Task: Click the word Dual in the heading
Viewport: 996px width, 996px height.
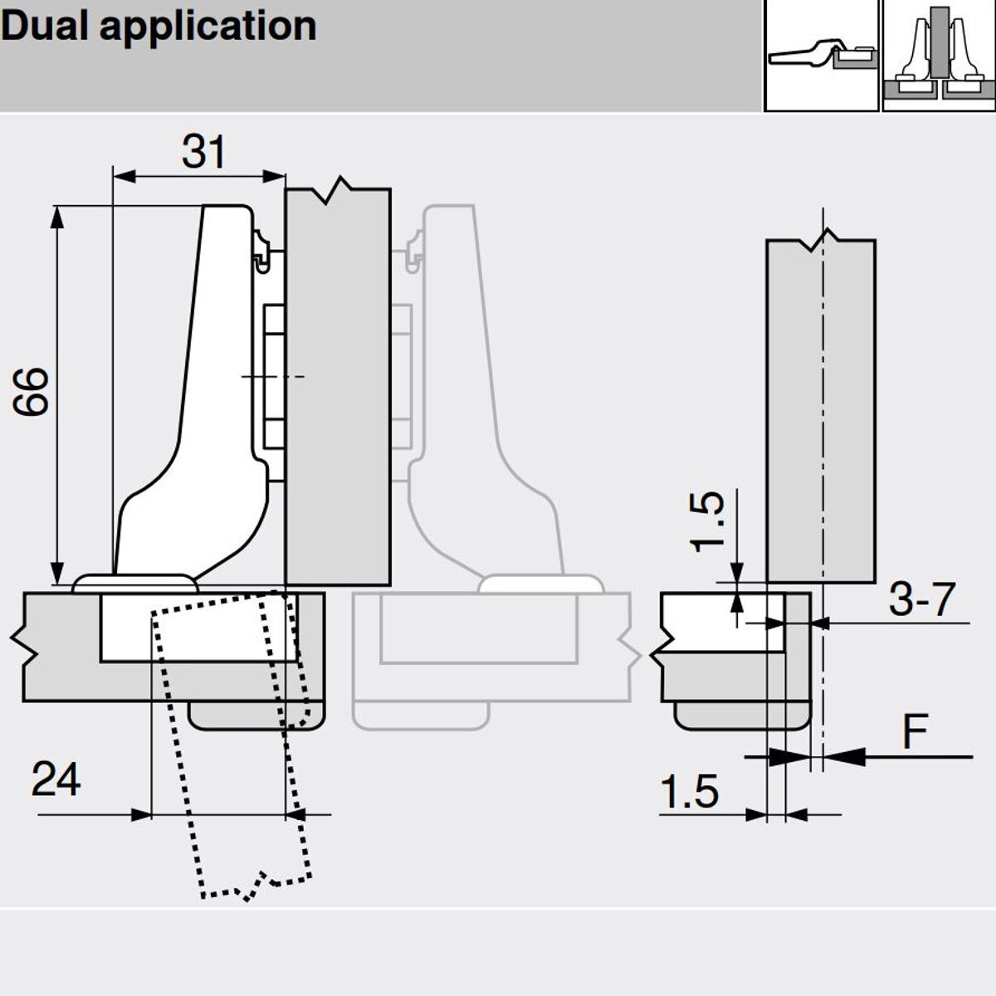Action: (42, 26)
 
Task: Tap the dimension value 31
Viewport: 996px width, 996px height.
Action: (203, 152)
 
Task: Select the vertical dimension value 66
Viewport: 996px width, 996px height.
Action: (32, 391)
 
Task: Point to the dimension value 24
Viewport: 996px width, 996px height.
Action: (56, 780)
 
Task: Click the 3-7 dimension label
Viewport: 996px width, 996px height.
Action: (921, 599)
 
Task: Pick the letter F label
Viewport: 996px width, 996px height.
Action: (915, 732)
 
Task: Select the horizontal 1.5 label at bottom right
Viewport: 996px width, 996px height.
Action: (689, 792)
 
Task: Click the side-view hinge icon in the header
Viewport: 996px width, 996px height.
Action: (821, 56)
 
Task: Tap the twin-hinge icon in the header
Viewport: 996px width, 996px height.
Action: (938, 56)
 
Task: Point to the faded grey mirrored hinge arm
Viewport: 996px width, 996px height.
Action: (465, 373)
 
